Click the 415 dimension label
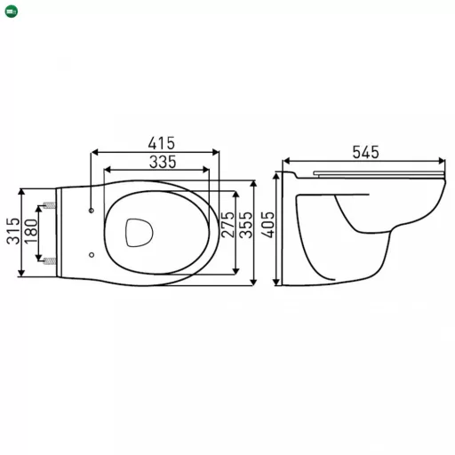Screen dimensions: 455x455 coord(162,143)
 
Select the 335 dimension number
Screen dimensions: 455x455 coord(163,162)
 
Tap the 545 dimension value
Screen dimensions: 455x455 coord(365,152)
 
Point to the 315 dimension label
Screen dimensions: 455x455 coord(13,231)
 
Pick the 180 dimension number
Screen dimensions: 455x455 coord(31,232)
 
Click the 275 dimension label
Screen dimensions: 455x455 coord(227,225)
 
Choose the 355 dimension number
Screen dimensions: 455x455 coord(246,225)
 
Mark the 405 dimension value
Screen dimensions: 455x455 coord(268,225)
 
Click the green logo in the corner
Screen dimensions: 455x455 coord(12,12)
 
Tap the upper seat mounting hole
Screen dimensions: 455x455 coord(92,211)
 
